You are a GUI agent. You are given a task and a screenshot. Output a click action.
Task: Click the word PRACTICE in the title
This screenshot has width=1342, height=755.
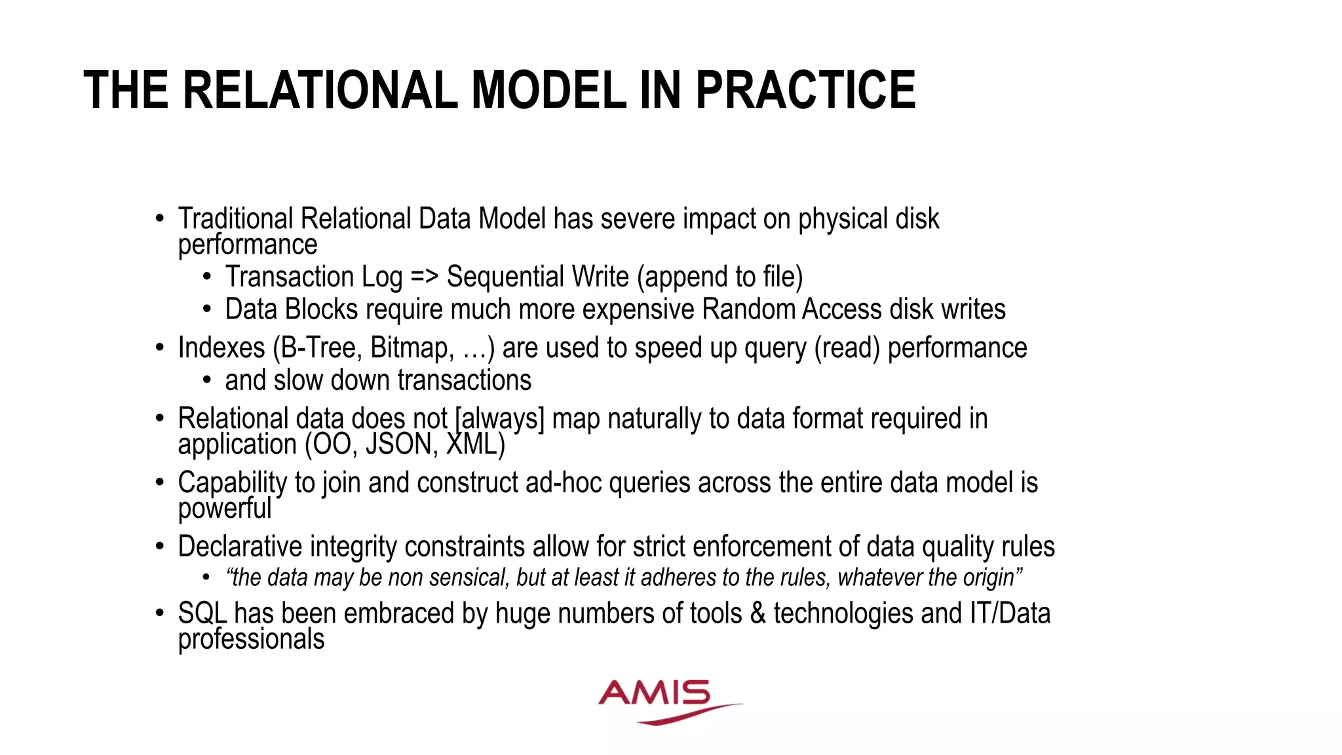point(805,90)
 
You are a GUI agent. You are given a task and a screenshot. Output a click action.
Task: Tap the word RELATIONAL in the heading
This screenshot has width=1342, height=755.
point(320,90)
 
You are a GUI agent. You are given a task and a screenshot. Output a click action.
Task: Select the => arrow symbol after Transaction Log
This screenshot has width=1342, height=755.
point(424,277)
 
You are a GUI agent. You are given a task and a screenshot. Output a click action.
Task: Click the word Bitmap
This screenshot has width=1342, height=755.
point(412,347)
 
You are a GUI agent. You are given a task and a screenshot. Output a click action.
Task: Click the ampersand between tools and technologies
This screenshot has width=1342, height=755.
point(757,613)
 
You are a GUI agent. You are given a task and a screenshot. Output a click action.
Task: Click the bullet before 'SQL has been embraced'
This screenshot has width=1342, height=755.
point(160,613)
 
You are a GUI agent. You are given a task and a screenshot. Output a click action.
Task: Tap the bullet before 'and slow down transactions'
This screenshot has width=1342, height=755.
point(207,380)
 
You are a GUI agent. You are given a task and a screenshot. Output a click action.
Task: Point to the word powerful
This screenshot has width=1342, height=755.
point(224,509)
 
